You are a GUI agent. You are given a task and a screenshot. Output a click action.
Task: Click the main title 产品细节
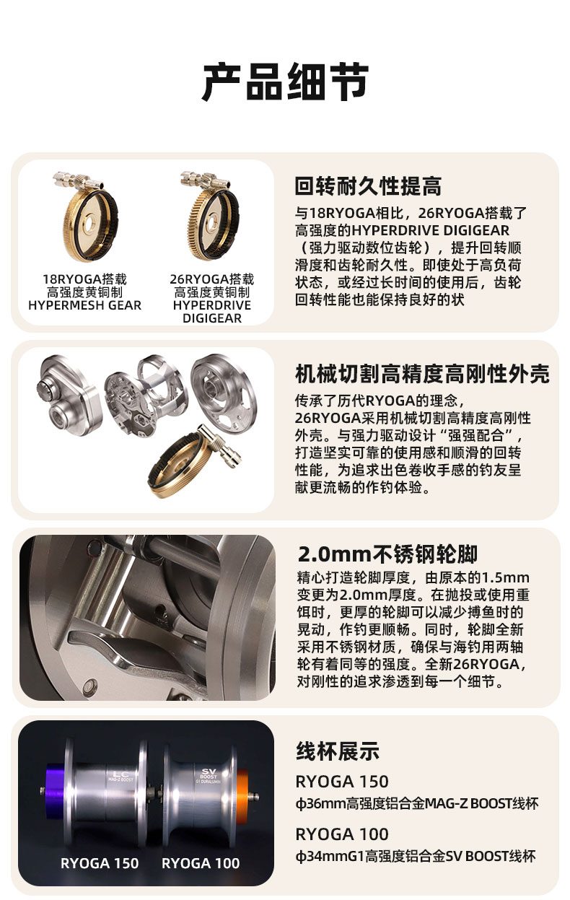tap(285, 82)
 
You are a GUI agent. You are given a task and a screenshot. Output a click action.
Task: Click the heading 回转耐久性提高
tap(368, 186)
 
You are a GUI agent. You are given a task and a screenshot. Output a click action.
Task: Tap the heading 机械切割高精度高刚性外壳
tap(422, 374)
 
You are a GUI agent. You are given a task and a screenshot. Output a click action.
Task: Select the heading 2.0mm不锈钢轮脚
tap(387, 554)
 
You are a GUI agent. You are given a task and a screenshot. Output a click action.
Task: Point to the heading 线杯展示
tap(338, 751)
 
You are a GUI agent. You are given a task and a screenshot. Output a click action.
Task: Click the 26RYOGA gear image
tap(211, 216)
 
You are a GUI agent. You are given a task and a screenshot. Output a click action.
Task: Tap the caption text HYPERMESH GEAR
tap(84, 305)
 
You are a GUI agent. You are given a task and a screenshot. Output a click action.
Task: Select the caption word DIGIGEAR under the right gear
tap(211, 318)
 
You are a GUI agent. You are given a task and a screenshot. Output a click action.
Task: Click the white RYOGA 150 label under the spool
tap(100, 863)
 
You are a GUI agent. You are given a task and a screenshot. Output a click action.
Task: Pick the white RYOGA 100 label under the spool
tap(201, 863)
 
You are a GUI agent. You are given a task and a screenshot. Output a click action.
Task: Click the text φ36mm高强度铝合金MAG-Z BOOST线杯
tap(416, 803)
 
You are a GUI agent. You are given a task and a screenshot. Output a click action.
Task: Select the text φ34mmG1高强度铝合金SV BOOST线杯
tap(416, 856)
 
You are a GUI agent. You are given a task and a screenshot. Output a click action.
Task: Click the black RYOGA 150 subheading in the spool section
tap(342, 782)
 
